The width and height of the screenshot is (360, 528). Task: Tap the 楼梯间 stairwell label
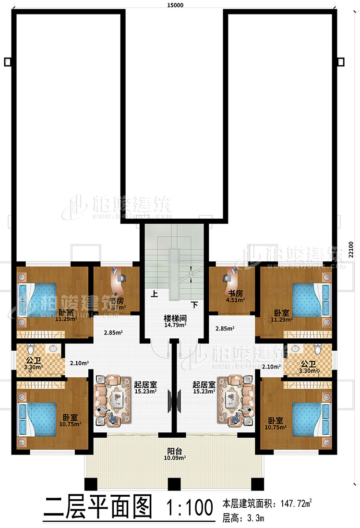[x=174, y=318]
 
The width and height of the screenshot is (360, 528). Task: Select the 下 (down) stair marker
[x=195, y=304]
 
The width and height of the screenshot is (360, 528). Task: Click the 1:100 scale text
[x=190, y=508]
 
